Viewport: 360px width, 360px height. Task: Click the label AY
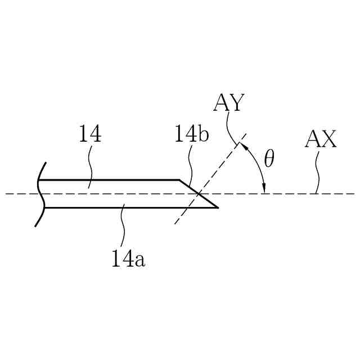228,103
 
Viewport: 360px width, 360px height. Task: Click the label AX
321,139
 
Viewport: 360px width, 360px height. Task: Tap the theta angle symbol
269,159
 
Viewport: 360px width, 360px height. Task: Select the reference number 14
90,135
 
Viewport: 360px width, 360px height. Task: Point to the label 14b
191,136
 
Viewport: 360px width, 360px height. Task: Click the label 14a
128,259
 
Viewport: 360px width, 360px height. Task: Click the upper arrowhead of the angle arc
243,146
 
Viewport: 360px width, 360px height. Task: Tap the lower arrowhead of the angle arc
264,189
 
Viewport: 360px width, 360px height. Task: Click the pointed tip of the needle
217,207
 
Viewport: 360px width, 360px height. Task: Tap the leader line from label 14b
191,166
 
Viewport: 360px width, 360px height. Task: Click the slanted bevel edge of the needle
198,193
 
